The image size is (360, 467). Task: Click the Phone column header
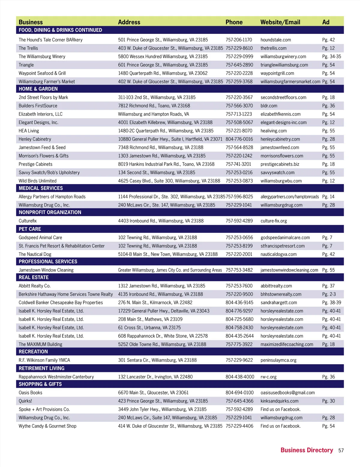click(234, 22)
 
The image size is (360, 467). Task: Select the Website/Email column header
click(280, 22)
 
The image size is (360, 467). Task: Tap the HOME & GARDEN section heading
click(38, 89)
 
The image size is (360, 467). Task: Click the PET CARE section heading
click(30, 229)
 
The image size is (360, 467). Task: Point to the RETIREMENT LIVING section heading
click(41, 368)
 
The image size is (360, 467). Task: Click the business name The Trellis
click(28, 48)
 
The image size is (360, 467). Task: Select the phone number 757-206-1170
click(239, 40)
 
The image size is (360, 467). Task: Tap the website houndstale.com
click(276, 40)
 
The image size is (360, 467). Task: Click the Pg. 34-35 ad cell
click(331, 57)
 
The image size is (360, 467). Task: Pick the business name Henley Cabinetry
click(35, 139)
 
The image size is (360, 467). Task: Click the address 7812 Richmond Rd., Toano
click(154, 106)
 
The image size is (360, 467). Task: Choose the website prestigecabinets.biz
click(280, 164)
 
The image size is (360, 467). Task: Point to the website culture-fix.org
click(274, 221)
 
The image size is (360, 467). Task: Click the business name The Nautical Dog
click(35, 254)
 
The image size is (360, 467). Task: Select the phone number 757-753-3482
click(239, 270)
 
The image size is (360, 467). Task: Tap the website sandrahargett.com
click(279, 303)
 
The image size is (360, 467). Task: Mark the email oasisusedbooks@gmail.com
click(288, 393)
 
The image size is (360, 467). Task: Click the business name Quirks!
click(25, 401)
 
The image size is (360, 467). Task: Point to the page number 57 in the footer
click(341, 451)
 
